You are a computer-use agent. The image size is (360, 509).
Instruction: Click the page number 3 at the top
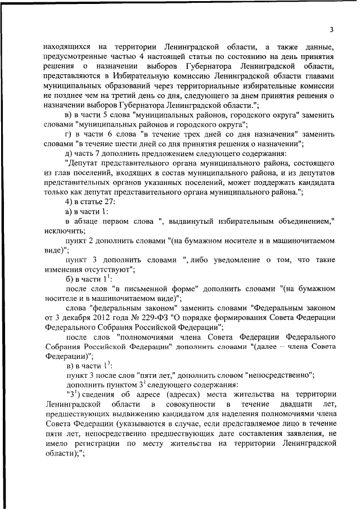[332, 30]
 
